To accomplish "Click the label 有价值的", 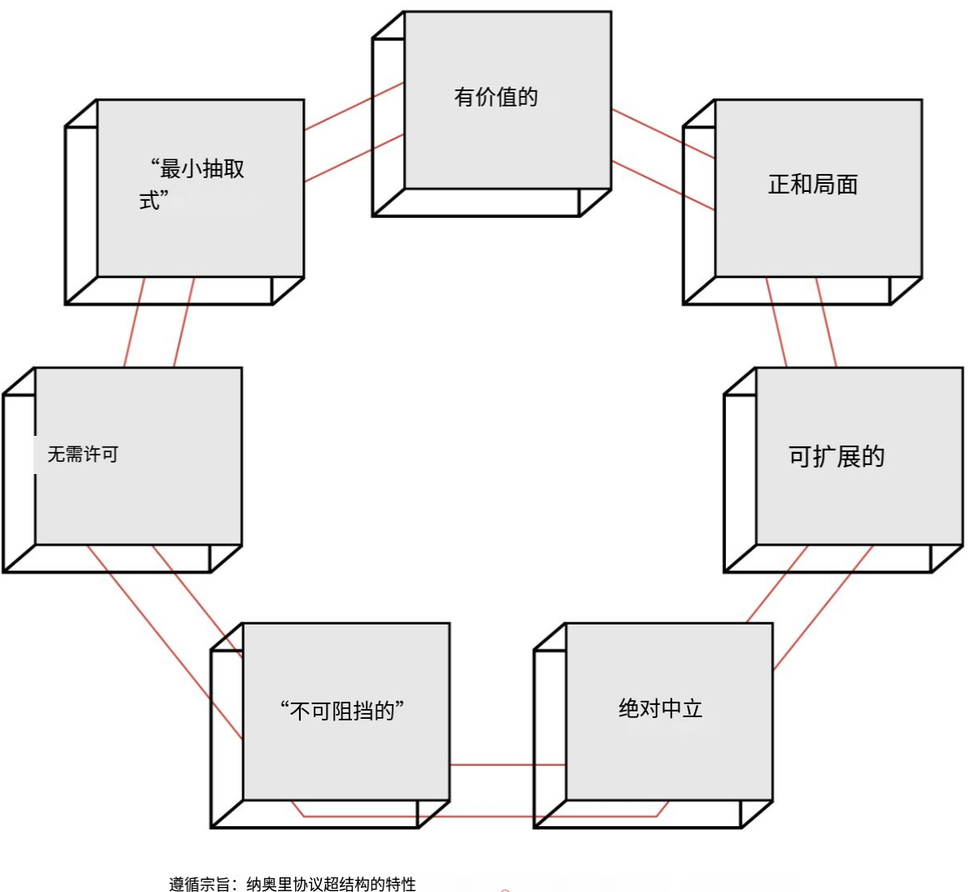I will pyautogui.click(x=496, y=98).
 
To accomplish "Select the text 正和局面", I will pyautogui.click(x=813, y=185).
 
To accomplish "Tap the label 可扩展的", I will pyautogui.click(x=836, y=456).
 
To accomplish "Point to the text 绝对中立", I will pyautogui.click(x=660, y=708).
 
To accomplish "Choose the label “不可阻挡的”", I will pyautogui.click(x=342, y=711).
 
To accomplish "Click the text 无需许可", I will pyautogui.click(x=83, y=454).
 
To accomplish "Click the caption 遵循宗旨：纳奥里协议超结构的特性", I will pyautogui.click(x=293, y=884).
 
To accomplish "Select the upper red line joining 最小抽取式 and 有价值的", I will pyautogui.click(x=354, y=106).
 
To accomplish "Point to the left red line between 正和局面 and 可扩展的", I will pyautogui.click(x=777, y=323).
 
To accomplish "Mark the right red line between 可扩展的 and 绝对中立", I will pyautogui.click(x=823, y=607).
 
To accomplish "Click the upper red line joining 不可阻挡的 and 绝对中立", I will pyautogui.click(x=508, y=765).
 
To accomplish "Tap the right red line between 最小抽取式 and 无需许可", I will pyautogui.click(x=183, y=323).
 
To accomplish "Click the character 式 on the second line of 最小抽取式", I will pyautogui.click(x=149, y=200).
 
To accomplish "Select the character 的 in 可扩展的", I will pyautogui.click(x=873, y=456).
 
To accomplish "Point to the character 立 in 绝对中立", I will pyautogui.click(x=692, y=708).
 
